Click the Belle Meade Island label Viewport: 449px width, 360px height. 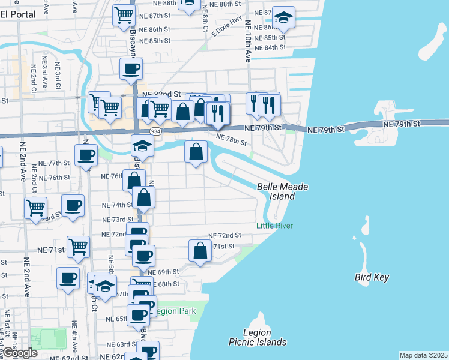282,191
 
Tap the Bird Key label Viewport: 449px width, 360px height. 372,277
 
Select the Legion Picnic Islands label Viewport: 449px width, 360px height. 258,337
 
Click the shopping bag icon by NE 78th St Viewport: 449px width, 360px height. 196,151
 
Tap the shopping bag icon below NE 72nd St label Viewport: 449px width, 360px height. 200,250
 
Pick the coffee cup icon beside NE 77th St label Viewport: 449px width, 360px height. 86,154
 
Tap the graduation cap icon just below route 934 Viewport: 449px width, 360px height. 142,145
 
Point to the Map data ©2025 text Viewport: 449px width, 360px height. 423,355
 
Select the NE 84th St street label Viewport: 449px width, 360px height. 270,47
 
